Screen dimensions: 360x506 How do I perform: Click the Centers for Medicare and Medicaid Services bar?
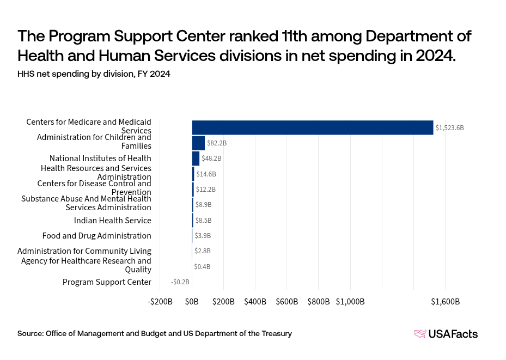(312, 127)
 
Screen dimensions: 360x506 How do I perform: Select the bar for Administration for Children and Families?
(198, 143)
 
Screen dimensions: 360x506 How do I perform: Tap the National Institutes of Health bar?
(196, 158)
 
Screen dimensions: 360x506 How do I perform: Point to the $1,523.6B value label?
(449, 128)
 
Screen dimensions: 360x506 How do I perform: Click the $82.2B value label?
(216, 143)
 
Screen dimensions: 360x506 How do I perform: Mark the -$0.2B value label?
(180, 282)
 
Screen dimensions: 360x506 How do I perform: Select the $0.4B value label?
(202, 267)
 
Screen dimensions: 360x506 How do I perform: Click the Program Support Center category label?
(107, 282)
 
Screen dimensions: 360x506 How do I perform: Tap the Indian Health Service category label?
(113, 221)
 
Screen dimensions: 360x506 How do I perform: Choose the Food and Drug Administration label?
(97, 236)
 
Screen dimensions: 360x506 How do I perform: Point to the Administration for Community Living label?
(84, 251)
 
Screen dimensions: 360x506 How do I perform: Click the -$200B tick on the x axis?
(160, 302)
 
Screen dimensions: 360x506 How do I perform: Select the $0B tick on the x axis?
(192, 302)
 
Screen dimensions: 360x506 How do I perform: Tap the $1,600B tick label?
(446, 302)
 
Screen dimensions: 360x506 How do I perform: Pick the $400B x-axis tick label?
(255, 302)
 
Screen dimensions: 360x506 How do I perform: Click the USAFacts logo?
(446, 334)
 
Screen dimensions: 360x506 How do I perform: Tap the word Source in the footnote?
(30, 333)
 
